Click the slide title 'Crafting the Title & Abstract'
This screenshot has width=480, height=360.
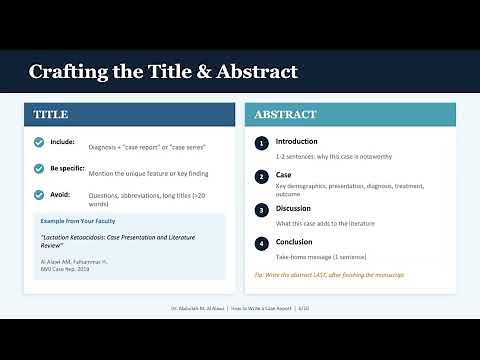coord(162,72)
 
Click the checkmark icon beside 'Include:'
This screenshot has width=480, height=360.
coord(39,142)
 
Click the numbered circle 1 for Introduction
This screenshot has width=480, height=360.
coord(261,143)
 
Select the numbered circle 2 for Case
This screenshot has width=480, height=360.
coord(261,176)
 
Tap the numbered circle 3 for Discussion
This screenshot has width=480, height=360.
coord(261,209)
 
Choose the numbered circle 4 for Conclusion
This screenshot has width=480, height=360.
coord(261,242)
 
